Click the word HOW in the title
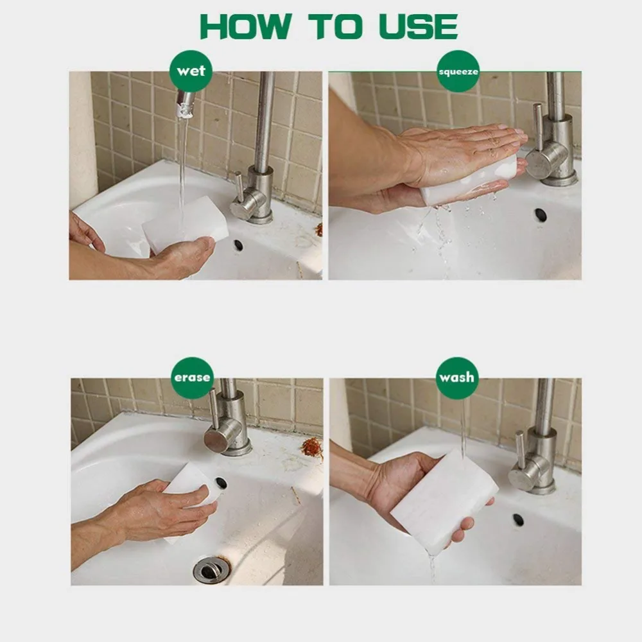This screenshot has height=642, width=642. tap(245, 26)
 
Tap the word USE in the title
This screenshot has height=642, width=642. tap(418, 26)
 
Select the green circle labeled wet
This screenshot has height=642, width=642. tap(191, 71)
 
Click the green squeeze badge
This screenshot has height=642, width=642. tap(458, 71)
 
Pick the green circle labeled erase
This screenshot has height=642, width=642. tap(192, 377)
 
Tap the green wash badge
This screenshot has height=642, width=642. tap(456, 377)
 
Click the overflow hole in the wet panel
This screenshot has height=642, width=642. tap(239, 246)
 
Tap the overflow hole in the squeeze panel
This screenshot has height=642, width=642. tap(541, 214)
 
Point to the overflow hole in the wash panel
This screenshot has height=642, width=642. tap(518, 520)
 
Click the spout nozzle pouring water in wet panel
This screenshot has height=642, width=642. tap(185, 105)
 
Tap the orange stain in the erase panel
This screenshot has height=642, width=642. tap(313, 447)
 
